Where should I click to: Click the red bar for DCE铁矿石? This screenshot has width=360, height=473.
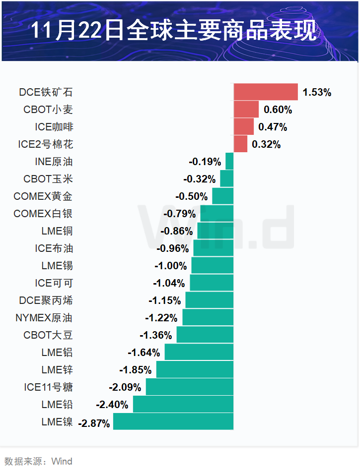266,92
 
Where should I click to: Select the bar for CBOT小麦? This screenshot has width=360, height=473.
246,109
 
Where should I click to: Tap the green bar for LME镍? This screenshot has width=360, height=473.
173,421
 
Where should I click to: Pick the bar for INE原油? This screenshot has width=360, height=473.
229,161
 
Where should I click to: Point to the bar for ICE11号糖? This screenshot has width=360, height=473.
189,387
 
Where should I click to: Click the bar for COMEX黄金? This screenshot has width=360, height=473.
222,196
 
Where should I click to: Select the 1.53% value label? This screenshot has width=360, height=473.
317,92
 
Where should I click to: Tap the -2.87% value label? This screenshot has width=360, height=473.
94,423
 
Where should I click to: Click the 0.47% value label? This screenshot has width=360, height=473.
273,127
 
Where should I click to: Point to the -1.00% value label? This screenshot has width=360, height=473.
171,266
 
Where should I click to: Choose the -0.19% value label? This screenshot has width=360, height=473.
205,162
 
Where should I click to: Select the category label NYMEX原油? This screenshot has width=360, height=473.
44,318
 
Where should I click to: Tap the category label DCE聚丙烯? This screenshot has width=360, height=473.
46,300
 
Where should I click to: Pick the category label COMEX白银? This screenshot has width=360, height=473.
43,214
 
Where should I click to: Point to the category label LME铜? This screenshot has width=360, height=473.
57,231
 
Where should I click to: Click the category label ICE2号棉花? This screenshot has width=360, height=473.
46,144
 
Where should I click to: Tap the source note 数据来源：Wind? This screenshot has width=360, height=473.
38,461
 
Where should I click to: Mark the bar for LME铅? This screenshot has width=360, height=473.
183,404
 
